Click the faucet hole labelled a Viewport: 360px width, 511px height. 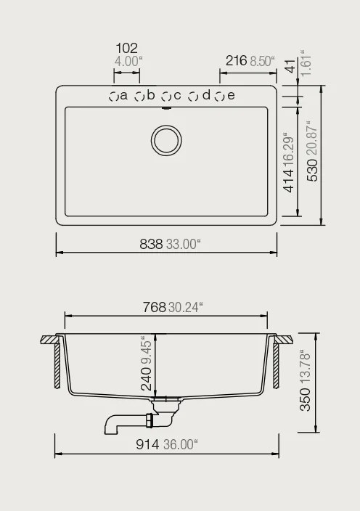coord(113,96)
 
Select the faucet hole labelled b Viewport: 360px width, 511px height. coord(139,96)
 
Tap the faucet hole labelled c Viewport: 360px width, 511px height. coord(165,96)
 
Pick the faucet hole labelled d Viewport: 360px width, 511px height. coord(193,96)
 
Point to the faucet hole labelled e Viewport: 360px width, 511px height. coord(219,96)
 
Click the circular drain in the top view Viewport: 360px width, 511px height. coord(165,139)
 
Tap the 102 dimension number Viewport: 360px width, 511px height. coord(126,49)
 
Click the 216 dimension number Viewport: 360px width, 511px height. coord(237,61)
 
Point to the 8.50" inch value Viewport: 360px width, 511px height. coord(263,61)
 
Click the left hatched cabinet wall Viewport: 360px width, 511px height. coord(57,364)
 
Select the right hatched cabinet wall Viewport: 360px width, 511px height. coord(277,364)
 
